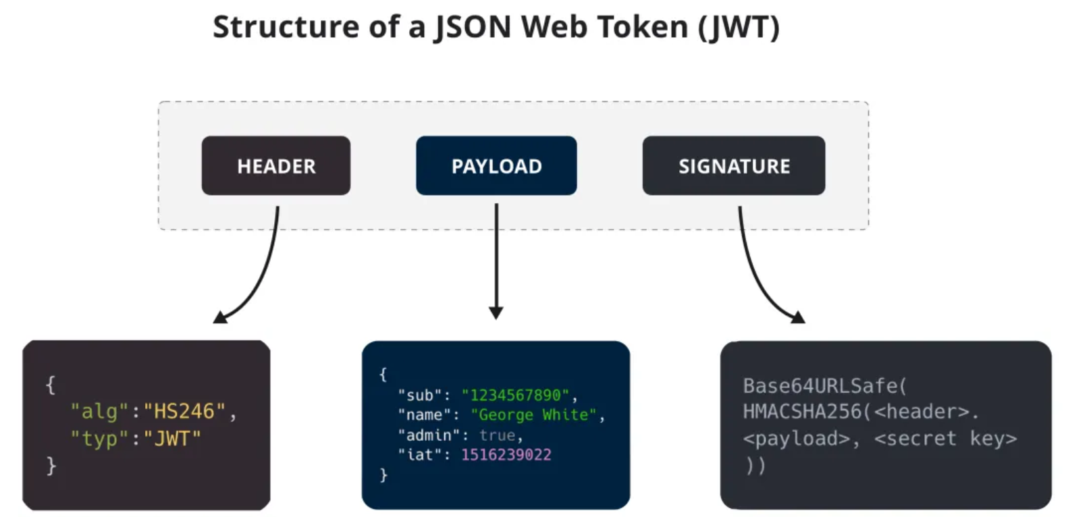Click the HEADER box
[x=275, y=166]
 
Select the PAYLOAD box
[x=496, y=166]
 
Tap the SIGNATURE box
[x=733, y=166]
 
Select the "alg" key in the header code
[x=99, y=412]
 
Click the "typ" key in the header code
[x=99, y=439]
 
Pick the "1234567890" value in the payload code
[x=515, y=395]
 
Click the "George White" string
[x=533, y=414]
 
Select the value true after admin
[x=498, y=435]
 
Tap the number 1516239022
[x=506, y=455]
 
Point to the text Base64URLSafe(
[x=824, y=385]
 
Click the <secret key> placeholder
[x=945, y=439]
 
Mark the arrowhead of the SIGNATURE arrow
[x=798, y=317]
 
